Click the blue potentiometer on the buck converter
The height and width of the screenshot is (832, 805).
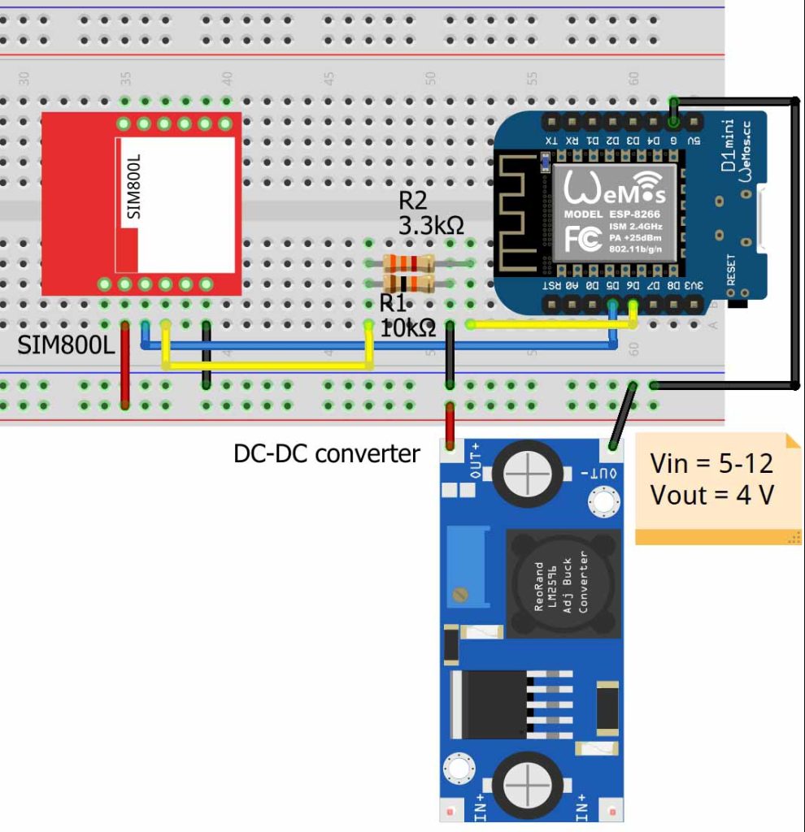[467, 566]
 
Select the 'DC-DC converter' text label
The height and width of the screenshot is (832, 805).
[326, 453]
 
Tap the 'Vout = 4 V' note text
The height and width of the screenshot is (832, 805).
[711, 494]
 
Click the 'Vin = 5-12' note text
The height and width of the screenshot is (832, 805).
[711, 464]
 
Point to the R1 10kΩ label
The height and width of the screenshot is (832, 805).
[407, 317]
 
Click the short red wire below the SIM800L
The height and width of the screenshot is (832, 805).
[125, 365]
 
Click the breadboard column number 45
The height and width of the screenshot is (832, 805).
[329, 79]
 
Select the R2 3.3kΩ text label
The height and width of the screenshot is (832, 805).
[430, 214]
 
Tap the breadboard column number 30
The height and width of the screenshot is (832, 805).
[24, 79]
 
